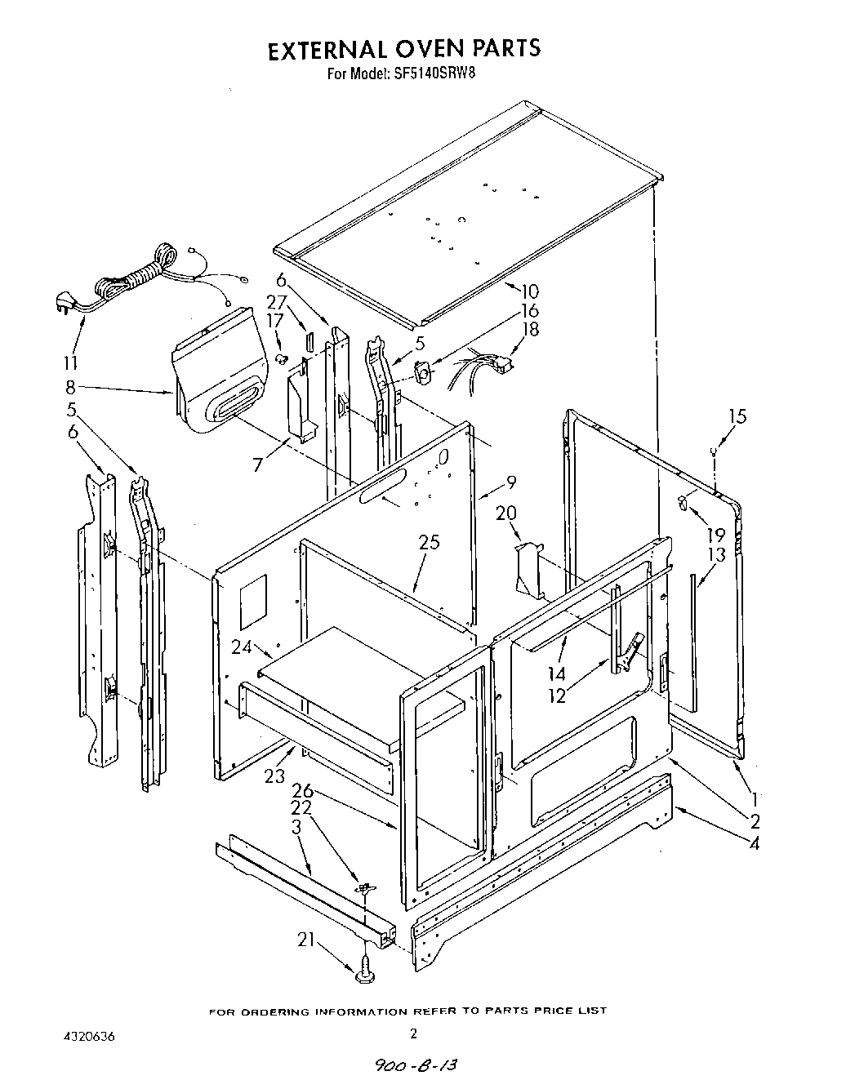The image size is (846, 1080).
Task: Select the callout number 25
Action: pos(430,542)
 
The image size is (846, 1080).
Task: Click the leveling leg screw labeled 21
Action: pos(365,970)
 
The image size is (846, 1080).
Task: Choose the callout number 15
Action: pos(737,417)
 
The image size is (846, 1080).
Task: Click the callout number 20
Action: pos(506,513)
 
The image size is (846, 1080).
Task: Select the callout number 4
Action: pos(754,844)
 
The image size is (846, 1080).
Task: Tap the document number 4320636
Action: pos(88,1036)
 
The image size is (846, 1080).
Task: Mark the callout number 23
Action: pos(274,776)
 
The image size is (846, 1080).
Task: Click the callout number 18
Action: pos(531,330)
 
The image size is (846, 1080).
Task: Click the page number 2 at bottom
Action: pos(413,1033)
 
